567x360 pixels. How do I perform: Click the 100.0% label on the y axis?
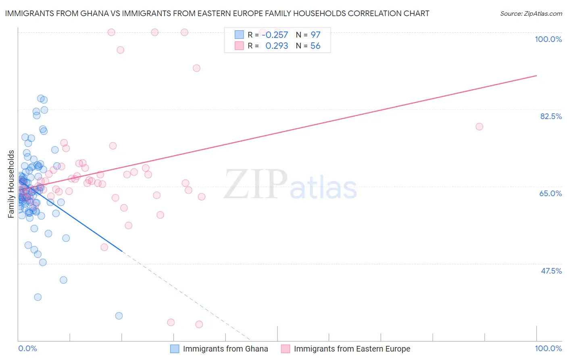pyautogui.click(x=548, y=39)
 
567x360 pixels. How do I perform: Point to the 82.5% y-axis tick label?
pyautogui.click(x=551, y=116)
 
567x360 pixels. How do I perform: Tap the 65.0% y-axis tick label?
pyautogui.click(x=550, y=193)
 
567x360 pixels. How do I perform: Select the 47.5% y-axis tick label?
pyautogui.click(x=551, y=271)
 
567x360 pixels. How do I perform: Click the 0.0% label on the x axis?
pyautogui.click(x=27, y=348)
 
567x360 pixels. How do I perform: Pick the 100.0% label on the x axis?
pyautogui.click(x=548, y=348)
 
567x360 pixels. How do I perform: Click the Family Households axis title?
pyautogui.click(x=11, y=184)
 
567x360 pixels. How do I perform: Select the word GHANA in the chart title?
pyautogui.click(x=92, y=13)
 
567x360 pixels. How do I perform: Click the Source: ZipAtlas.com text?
pyautogui.click(x=531, y=14)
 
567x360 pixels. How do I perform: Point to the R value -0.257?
pyautogui.click(x=275, y=35)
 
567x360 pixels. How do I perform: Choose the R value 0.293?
pyautogui.click(x=277, y=46)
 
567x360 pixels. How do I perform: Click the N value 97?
pyautogui.click(x=315, y=35)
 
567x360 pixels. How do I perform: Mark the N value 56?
pyautogui.click(x=315, y=46)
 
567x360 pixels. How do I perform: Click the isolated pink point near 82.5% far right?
pyautogui.click(x=479, y=127)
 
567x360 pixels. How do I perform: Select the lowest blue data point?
pyautogui.click(x=119, y=316)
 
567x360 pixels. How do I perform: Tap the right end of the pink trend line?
pyautogui.click(x=536, y=75)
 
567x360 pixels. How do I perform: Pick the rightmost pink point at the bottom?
pyautogui.click(x=199, y=324)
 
